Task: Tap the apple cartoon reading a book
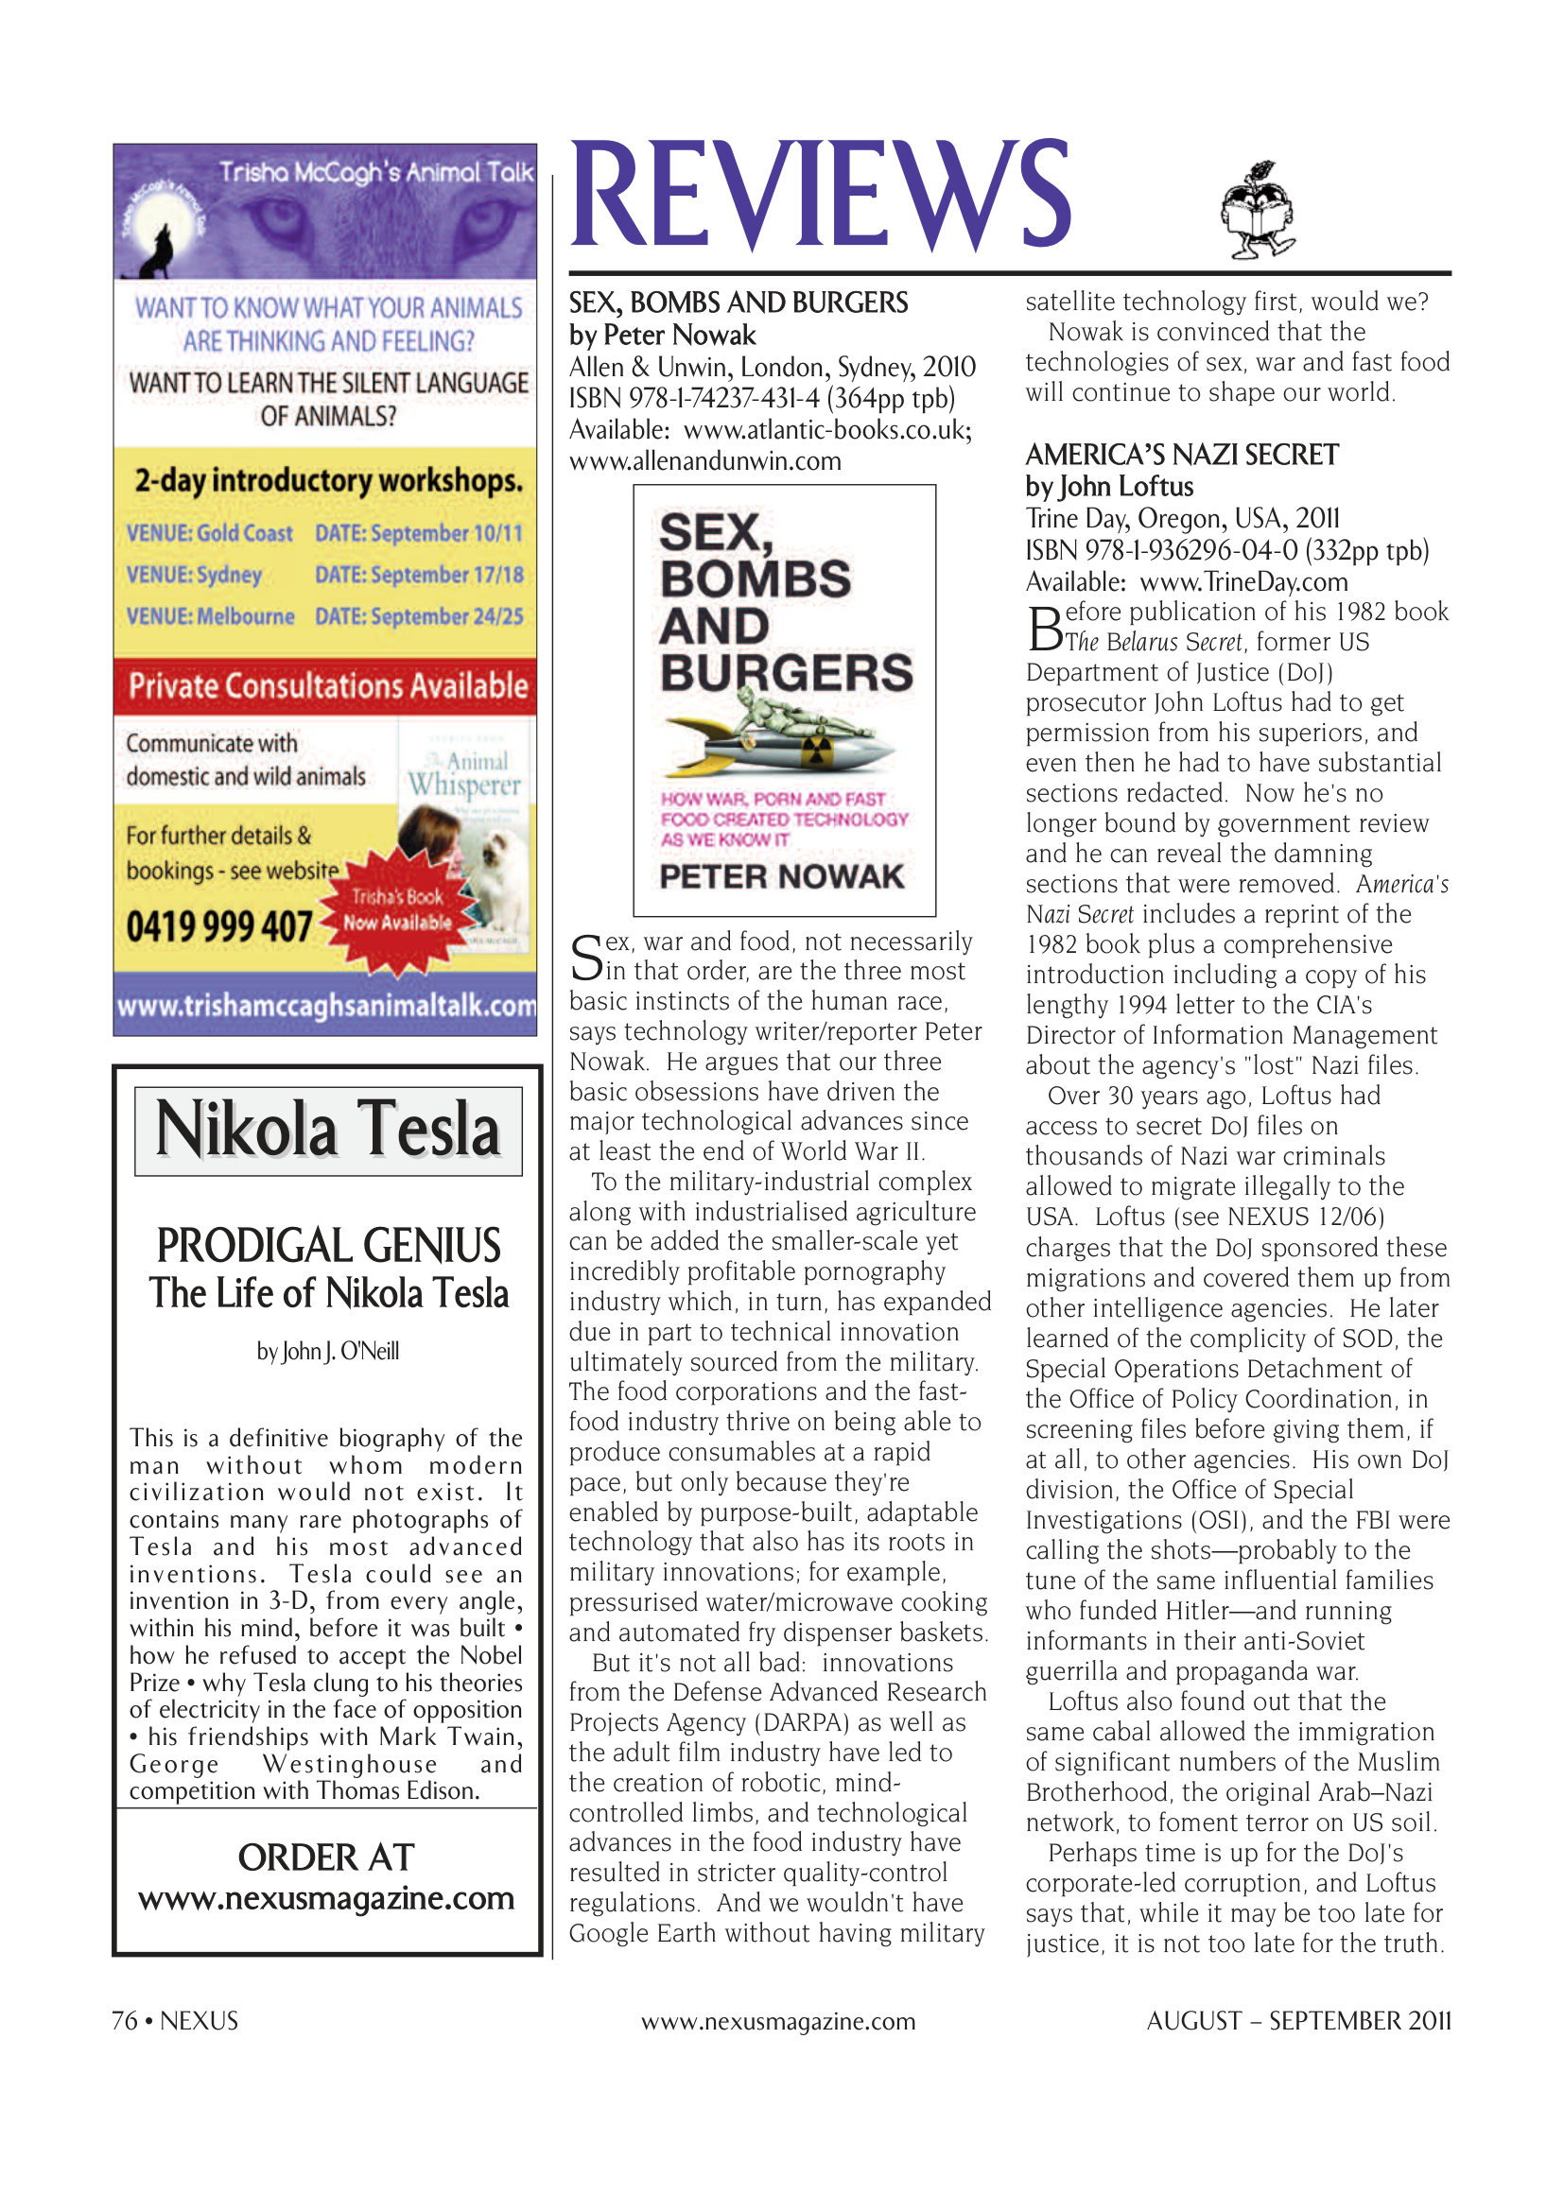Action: point(1257,211)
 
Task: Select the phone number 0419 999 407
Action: point(218,926)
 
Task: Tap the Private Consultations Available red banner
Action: point(326,685)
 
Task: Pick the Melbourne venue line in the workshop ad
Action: point(324,616)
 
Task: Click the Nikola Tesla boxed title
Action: point(327,1131)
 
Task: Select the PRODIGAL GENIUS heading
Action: point(328,1245)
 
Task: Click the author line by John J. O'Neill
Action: point(327,1351)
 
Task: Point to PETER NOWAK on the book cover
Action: point(781,876)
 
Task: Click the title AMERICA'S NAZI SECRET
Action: point(1182,455)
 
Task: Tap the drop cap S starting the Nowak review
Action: point(586,957)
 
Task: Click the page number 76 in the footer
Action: point(124,2020)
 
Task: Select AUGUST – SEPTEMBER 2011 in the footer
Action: point(1297,2020)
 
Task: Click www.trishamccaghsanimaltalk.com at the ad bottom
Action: point(326,1006)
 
